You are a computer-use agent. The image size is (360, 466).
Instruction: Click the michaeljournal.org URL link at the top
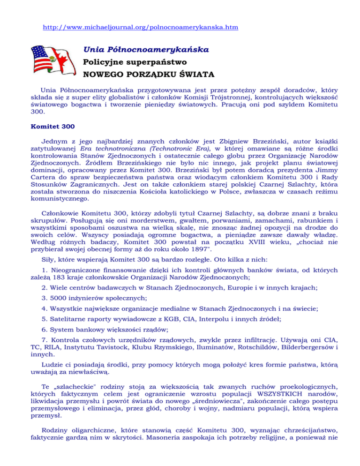(x=140, y=28)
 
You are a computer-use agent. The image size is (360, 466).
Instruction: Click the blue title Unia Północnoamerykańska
(x=146, y=49)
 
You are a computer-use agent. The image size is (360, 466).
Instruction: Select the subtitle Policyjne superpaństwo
(x=135, y=61)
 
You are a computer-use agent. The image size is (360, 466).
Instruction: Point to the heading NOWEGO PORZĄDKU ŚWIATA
(x=149, y=74)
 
